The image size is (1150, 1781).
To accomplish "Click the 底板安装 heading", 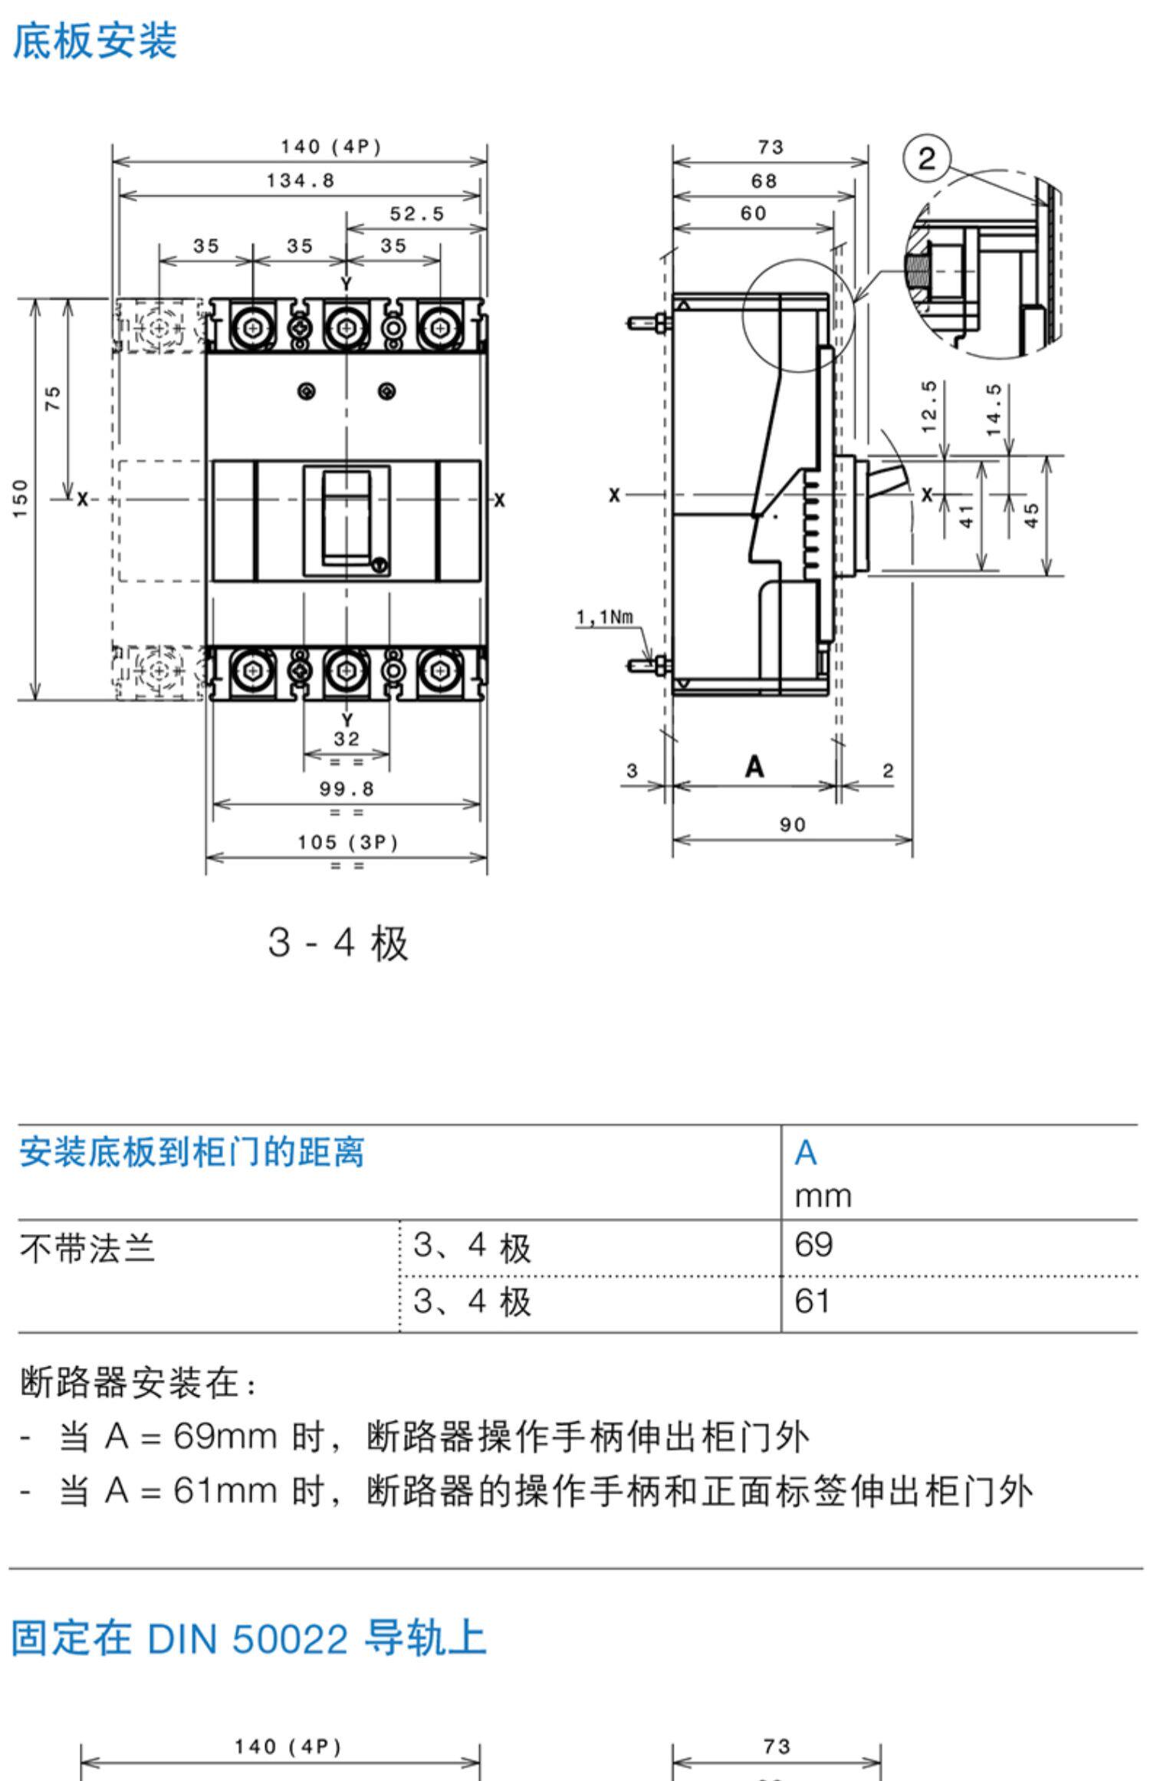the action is click(x=95, y=41).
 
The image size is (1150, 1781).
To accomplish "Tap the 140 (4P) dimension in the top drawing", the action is click(x=331, y=146).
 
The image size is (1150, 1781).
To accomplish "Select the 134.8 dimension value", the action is click(x=301, y=180).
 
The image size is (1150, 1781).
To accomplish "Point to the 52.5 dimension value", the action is click(x=417, y=214).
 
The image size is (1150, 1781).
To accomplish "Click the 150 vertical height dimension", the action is click(x=21, y=499).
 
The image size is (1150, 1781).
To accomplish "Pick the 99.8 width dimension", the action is click(x=347, y=789).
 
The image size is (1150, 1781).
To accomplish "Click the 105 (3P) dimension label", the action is click(x=348, y=842).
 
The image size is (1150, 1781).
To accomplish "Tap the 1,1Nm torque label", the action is click(x=605, y=617).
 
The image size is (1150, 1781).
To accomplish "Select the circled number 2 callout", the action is click(x=926, y=159).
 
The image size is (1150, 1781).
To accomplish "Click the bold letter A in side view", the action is click(x=754, y=766).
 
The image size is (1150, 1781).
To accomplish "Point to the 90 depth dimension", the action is click(x=793, y=825).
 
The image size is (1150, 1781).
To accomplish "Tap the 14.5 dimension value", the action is click(x=994, y=410).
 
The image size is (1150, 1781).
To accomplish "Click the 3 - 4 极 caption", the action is click(x=338, y=943).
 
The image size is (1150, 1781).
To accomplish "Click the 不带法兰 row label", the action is click(x=87, y=1248).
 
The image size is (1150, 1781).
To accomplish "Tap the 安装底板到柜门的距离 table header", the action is click(x=192, y=1152).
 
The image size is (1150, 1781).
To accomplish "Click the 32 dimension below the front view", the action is click(x=347, y=739).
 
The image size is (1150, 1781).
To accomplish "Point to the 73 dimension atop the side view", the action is click(x=771, y=146).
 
